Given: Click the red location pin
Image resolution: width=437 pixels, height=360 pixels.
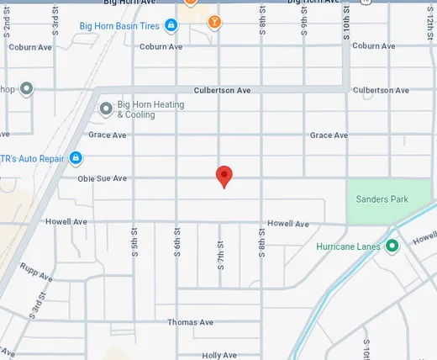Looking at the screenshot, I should [224, 176].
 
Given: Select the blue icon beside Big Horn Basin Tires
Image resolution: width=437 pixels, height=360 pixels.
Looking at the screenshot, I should [171, 25].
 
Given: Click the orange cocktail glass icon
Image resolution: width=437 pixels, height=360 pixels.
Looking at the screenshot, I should [215, 20].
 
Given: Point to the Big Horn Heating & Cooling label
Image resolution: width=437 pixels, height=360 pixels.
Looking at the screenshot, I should [151, 109].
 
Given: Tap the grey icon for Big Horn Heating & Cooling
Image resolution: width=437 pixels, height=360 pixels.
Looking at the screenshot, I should [106, 109].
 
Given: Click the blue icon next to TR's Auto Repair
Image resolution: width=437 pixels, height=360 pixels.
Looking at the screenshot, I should [75, 157].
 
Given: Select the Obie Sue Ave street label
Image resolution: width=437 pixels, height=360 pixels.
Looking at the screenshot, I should [103, 178].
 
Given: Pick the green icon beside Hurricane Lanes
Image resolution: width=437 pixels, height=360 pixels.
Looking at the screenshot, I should [392, 246].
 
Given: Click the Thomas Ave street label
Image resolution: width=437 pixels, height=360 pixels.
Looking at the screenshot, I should [191, 322].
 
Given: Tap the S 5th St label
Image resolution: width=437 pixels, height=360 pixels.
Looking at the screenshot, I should [134, 243].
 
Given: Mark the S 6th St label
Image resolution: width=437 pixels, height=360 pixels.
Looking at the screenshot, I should [177, 243].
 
